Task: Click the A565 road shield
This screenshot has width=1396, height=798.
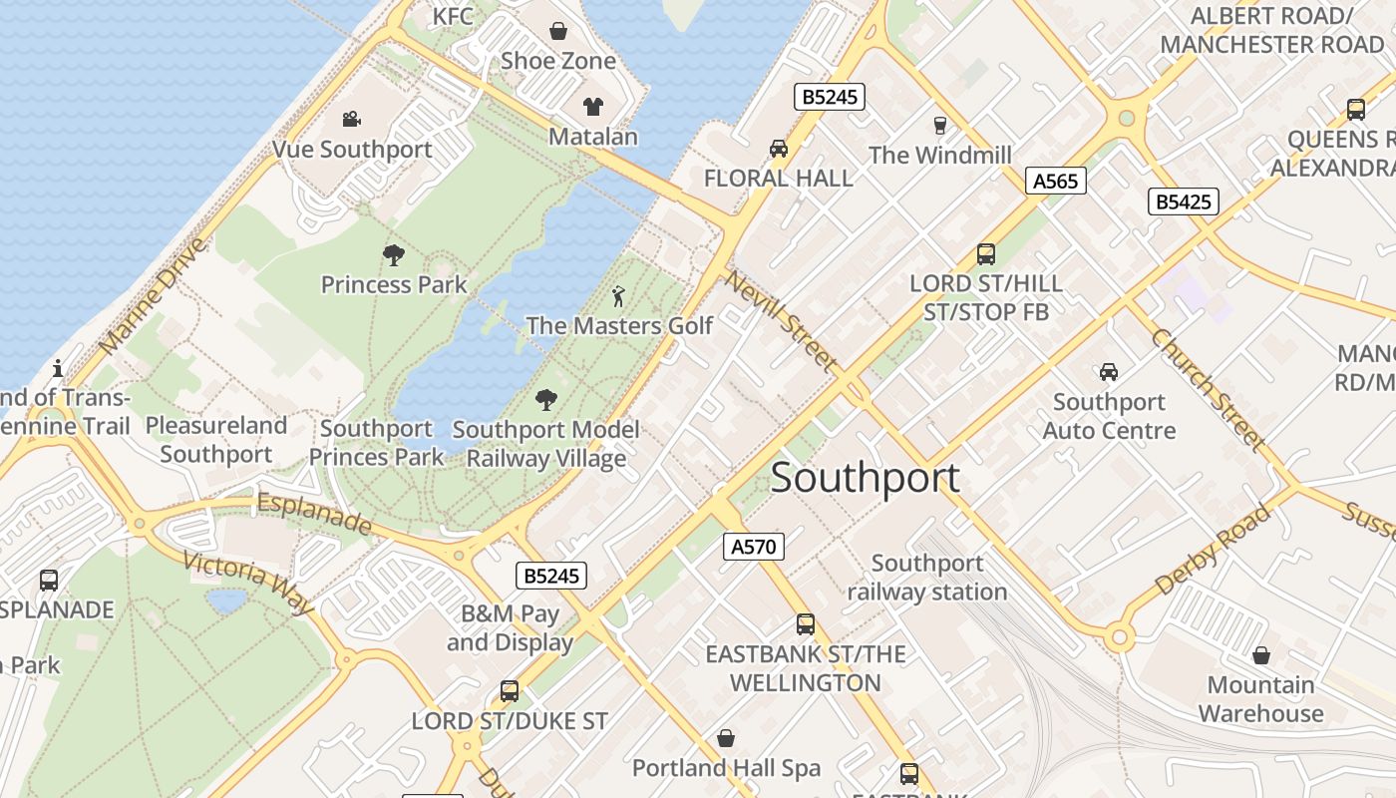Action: (1055, 181)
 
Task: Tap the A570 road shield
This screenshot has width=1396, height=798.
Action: (753, 546)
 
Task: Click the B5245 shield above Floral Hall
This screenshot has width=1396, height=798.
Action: (829, 97)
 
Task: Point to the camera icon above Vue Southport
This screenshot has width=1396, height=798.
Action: (351, 120)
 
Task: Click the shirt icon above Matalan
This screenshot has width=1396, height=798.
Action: (593, 107)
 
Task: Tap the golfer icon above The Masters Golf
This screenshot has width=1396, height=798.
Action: (619, 296)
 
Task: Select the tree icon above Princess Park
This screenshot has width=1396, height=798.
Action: (394, 255)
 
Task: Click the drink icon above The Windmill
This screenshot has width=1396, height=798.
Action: (939, 126)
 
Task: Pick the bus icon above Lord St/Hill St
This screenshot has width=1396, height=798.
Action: (986, 254)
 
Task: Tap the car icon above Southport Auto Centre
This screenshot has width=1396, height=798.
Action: (1108, 372)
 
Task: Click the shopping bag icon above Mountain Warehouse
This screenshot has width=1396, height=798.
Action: (1261, 655)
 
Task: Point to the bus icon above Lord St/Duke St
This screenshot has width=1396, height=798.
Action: (510, 690)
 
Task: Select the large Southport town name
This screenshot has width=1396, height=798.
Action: (866, 478)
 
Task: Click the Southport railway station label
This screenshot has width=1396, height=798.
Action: (927, 578)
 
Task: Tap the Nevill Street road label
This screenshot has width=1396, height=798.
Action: (780, 320)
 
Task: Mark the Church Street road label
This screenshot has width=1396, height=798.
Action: (1208, 390)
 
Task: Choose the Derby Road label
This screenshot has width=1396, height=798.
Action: (1214, 550)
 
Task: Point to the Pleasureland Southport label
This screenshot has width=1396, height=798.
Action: (216, 440)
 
